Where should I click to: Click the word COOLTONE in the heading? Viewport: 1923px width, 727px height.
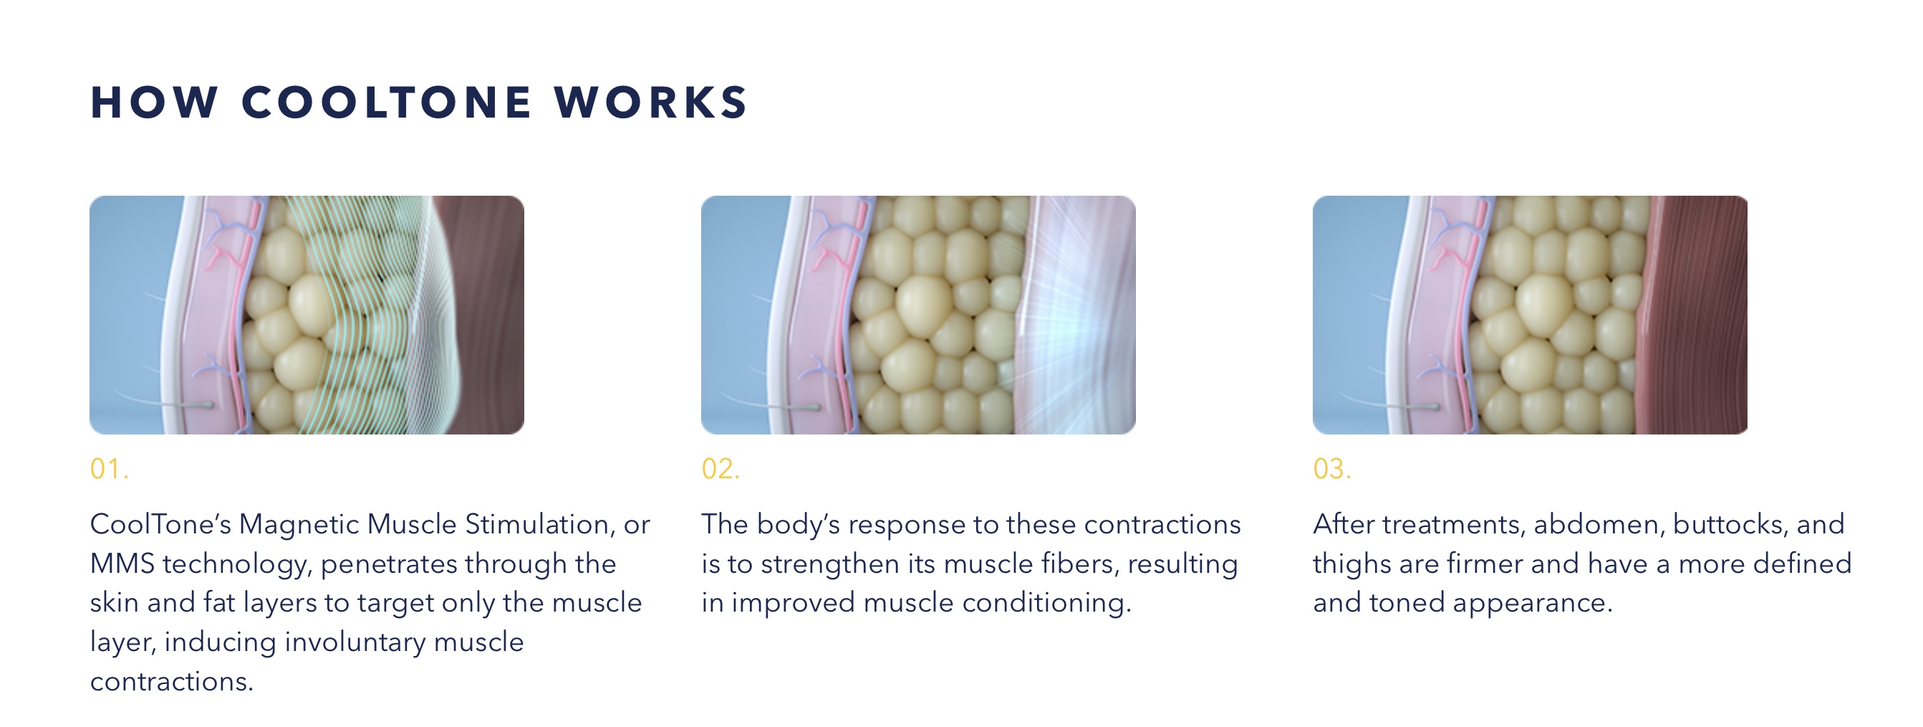click(x=386, y=103)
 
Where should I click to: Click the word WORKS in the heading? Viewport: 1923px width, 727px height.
click(x=651, y=103)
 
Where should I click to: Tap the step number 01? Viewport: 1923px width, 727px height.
click(x=110, y=469)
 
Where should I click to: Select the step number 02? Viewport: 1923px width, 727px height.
click(x=720, y=469)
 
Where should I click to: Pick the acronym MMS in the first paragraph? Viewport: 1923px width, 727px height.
click(x=122, y=564)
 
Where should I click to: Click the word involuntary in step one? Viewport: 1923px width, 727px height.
click(x=355, y=642)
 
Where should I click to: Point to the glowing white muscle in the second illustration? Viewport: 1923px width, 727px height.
click(x=1075, y=315)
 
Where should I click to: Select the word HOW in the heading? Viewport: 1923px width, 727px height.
click(x=154, y=103)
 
